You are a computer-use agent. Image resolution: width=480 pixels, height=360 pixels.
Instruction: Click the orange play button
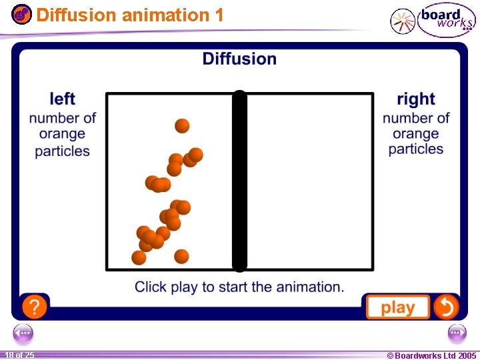397,307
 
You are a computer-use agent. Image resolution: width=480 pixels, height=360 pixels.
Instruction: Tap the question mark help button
34,307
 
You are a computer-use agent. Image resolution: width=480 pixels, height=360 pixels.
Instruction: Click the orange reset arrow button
445,307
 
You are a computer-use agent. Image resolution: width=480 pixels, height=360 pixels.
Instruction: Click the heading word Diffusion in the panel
239,59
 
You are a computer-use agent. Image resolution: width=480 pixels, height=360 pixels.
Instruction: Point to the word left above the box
62,99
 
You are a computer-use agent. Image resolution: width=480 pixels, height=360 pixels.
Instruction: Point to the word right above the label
415,99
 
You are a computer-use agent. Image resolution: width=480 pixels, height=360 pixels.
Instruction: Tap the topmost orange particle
182,125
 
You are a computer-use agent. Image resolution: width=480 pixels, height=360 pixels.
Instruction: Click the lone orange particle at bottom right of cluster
181,256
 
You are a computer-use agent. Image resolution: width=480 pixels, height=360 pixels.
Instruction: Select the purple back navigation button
23,332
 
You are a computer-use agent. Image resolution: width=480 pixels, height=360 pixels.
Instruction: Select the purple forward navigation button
457,332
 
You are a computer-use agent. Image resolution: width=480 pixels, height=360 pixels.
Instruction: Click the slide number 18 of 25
19,355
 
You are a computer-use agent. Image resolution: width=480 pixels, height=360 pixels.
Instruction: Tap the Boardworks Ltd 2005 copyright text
431,355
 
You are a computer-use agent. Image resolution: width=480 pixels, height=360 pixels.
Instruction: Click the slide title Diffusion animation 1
130,14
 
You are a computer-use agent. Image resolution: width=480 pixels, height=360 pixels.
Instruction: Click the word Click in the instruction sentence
151,287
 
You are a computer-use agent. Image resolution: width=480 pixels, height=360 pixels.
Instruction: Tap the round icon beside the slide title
22,14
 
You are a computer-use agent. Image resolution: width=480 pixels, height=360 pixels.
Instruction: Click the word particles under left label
62,151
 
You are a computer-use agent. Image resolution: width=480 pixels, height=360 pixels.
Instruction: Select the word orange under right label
415,133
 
